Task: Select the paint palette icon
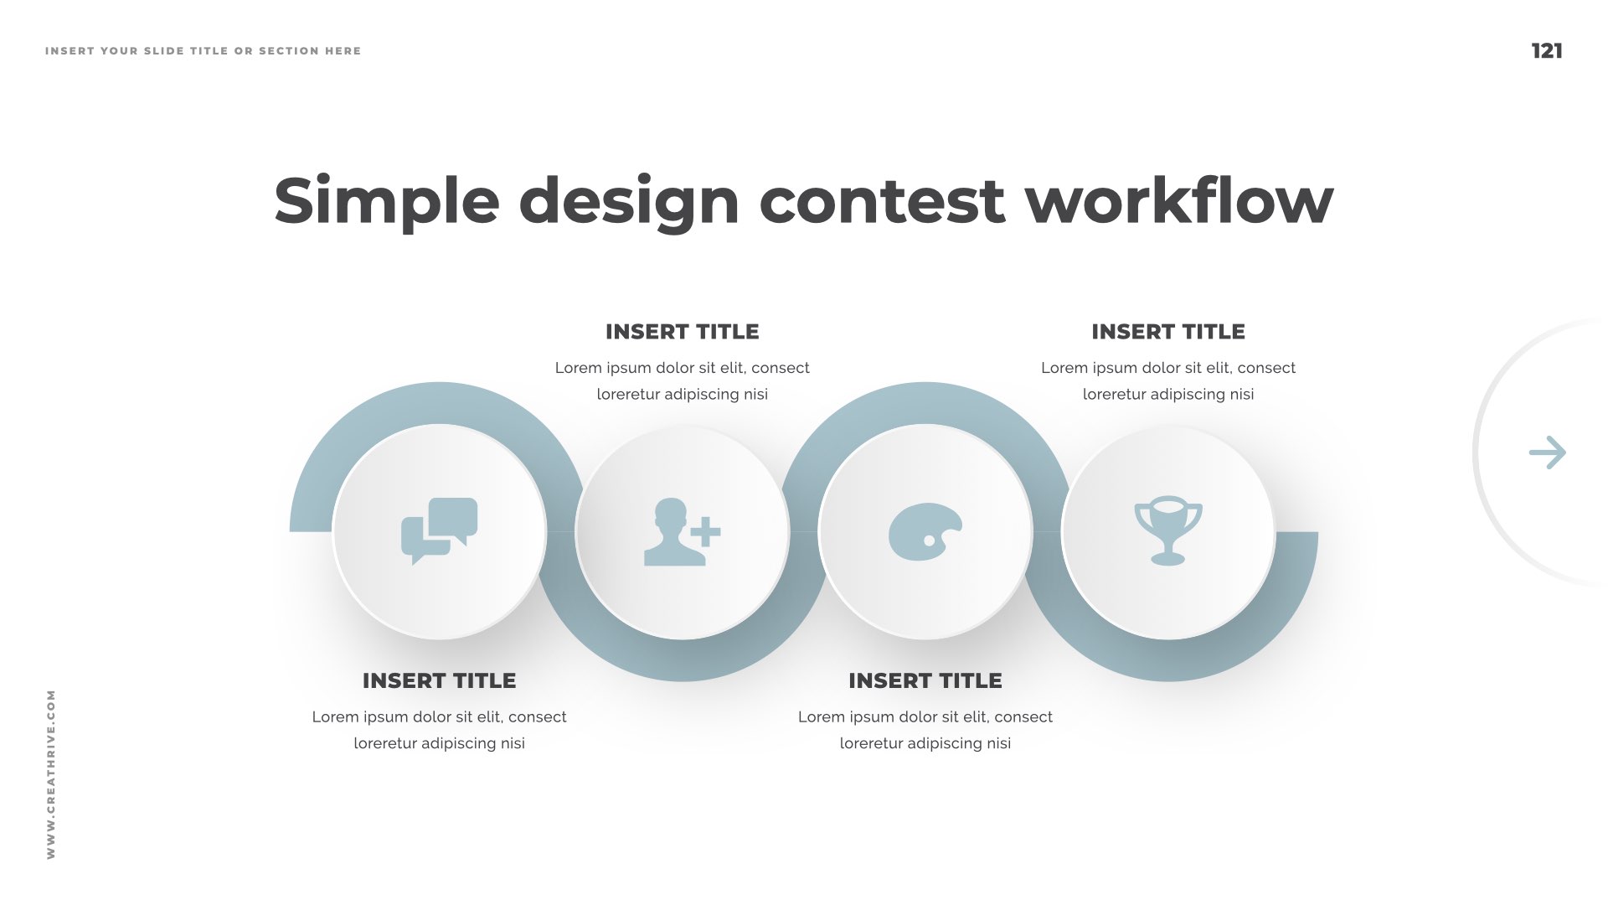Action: [925, 531]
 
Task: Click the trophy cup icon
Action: [1168, 531]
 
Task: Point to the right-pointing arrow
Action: [1547, 452]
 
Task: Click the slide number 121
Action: [1547, 51]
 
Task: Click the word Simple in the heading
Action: [386, 201]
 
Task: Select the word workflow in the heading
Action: [1179, 201]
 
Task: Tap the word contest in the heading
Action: [881, 201]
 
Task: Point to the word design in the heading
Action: [629, 201]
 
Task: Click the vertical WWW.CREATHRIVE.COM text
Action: [51, 773]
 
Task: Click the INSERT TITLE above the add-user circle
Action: [682, 332]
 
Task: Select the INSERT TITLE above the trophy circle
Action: [1167, 332]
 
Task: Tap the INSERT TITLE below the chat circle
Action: [439, 680]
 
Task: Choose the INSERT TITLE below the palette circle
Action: [925, 680]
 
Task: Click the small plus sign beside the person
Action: [706, 531]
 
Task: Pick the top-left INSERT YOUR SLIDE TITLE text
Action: [203, 51]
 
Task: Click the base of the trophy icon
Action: [1167, 559]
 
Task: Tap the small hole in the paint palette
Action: [929, 541]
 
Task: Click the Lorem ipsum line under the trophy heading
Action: [1167, 368]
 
